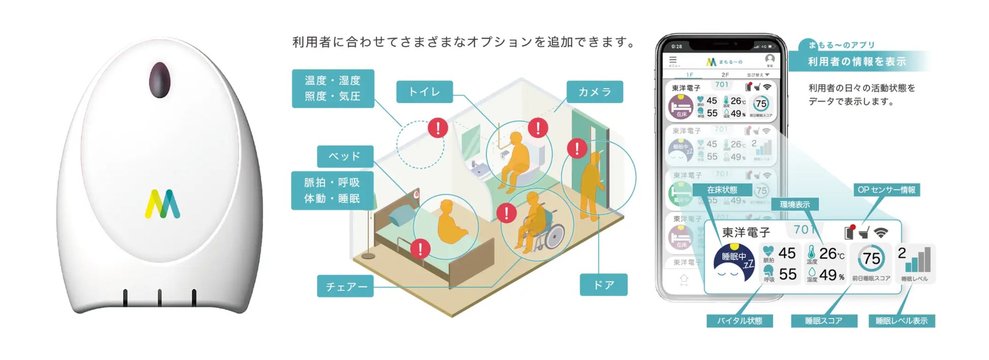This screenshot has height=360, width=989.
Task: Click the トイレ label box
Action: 424,92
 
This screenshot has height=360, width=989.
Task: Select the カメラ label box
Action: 594,92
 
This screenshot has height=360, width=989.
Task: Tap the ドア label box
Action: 604,285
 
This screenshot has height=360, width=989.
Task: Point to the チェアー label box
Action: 345,286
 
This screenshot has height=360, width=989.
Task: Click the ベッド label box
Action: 345,156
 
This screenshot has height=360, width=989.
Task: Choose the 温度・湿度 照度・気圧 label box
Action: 333,88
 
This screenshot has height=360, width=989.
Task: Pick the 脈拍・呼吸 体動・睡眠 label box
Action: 332,190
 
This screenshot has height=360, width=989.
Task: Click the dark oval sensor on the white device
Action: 159,80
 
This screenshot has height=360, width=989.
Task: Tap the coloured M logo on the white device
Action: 162,204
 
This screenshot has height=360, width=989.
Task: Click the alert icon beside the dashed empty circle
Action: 438,128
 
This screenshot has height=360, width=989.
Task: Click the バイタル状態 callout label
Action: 739,321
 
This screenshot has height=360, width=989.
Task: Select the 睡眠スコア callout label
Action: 824,321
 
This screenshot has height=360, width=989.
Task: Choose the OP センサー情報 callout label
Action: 886,190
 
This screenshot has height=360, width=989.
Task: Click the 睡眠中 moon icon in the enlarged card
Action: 733,263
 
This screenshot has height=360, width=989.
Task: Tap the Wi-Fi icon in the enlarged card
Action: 881,233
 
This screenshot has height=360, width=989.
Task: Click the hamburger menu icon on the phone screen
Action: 673,60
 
